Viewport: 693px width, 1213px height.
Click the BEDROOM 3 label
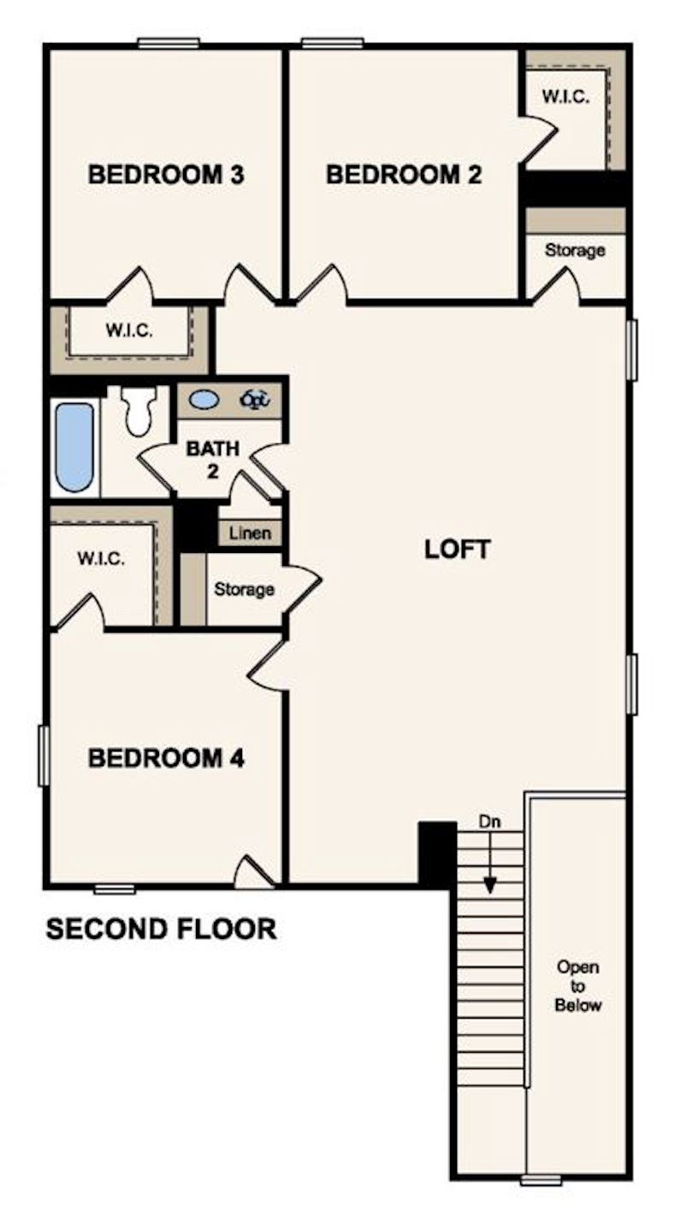167,175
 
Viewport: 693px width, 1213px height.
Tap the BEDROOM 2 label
404,175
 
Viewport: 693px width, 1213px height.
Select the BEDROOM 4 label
167,758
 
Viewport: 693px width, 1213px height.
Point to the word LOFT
458,550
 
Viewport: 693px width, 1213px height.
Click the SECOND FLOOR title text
161,929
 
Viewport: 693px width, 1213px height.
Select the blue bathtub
74,447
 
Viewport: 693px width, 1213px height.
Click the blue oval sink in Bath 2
203,399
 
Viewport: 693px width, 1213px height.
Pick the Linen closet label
251,533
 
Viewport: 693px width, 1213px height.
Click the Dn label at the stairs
489,823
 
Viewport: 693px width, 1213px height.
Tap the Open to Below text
577,986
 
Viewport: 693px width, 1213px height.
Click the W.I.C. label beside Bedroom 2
566,97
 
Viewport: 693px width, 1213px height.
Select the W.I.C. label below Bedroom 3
129,330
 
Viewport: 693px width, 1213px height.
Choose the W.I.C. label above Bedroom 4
101,560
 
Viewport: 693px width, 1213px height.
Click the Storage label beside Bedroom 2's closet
575,251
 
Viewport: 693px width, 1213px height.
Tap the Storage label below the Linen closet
244,590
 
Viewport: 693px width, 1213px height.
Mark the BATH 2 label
213,457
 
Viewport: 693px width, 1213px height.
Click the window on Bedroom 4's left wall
43,755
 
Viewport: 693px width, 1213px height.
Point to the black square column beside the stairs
437,853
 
